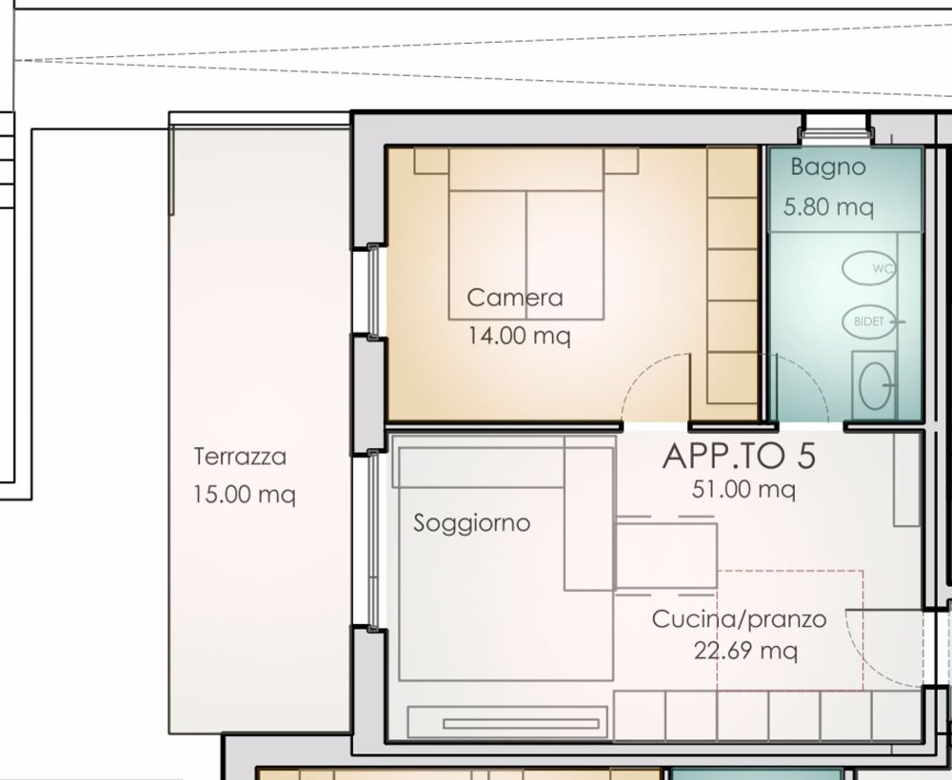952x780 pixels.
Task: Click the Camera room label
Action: (x=514, y=298)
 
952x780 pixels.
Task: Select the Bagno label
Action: (x=828, y=168)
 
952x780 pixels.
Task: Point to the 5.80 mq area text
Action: (x=827, y=206)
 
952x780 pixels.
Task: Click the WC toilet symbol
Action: (x=868, y=269)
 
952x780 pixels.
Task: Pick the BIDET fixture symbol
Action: (x=867, y=322)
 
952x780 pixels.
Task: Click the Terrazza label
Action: (x=240, y=457)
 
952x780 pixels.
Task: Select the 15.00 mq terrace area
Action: (x=244, y=495)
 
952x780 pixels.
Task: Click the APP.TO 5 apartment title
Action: (x=739, y=457)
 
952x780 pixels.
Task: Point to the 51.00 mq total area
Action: (x=743, y=491)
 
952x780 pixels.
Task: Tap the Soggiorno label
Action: (x=471, y=523)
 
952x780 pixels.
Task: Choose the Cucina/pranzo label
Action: (x=739, y=619)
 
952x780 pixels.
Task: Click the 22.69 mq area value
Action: (x=746, y=652)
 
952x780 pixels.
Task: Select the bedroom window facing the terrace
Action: (x=374, y=291)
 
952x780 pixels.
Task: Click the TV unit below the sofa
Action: (x=507, y=722)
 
